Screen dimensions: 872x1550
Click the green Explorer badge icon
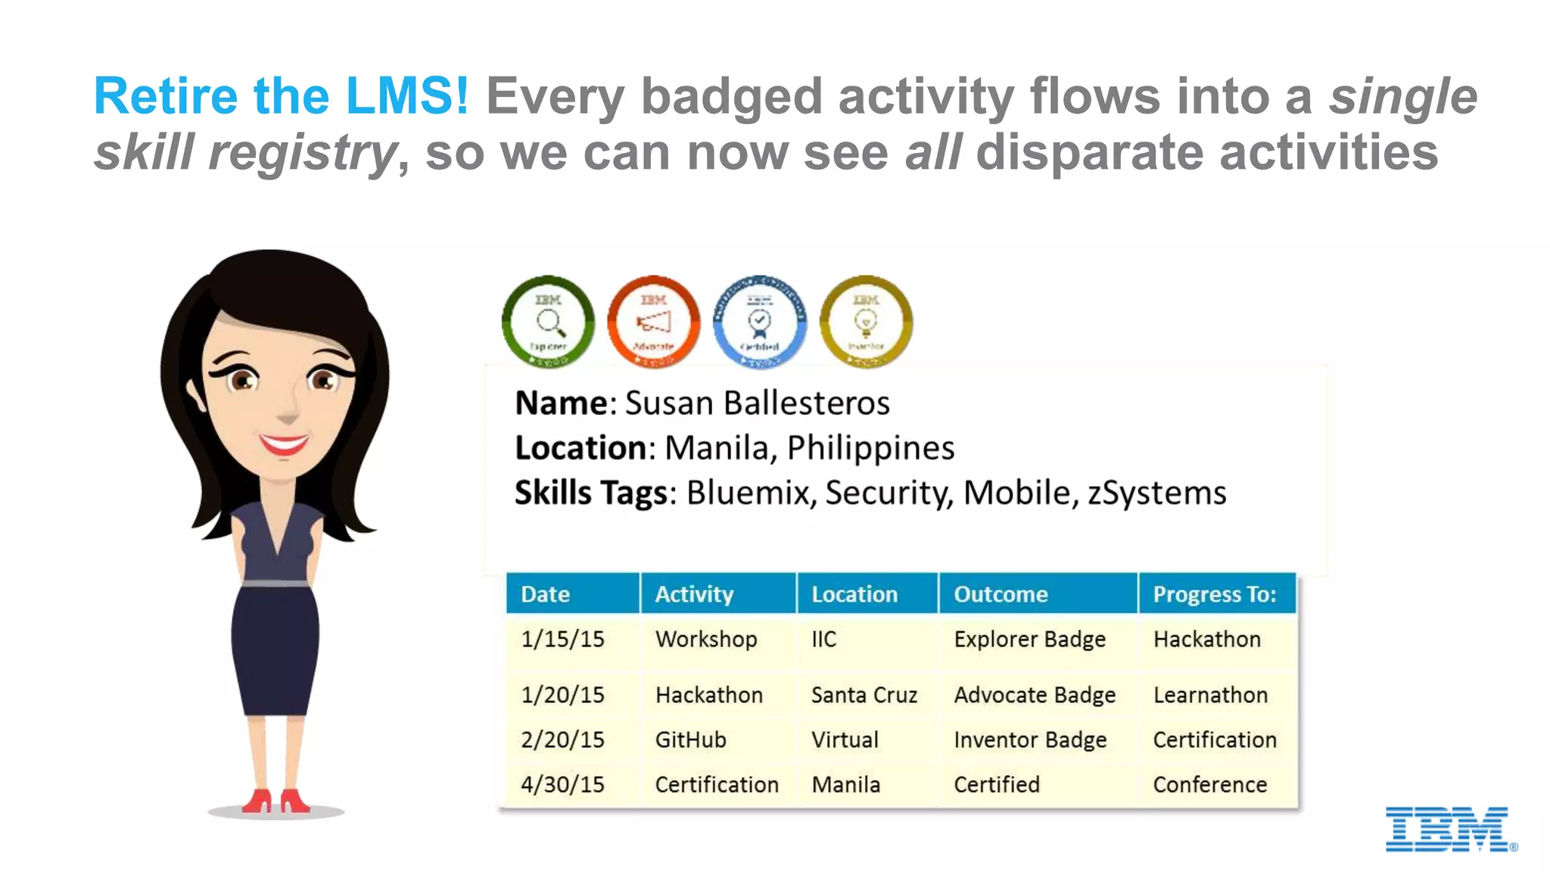pyautogui.click(x=548, y=322)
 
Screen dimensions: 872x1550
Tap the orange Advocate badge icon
pyautogui.click(x=654, y=322)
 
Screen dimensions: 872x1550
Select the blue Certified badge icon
pyautogui.click(x=760, y=322)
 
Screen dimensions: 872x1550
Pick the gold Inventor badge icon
pyautogui.click(x=866, y=322)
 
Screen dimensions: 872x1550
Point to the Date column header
pyautogui.click(x=545, y=594)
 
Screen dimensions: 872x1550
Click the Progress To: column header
pyautogui.click(x=1214, y=594)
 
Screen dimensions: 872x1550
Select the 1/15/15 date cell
pyautogui.click(x=562, y=639)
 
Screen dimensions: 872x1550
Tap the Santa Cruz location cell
pyautogui.click(x=864, y=695)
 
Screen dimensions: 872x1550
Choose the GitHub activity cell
pyautogui.click(x=690, y=740)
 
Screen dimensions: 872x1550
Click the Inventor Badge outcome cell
pyautogui.click(x=1029, y=740)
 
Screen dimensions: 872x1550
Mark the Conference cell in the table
pyautogui.click(x=1209, y=785)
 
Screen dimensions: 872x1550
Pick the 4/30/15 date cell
pyautogui.click(x=562, y=785)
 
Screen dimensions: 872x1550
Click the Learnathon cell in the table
pyautogui.click(x=1209, y=695)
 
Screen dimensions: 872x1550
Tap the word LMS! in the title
pyautogui.click(x=406, y=96)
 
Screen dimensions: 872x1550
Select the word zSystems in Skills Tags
pyautogui.click(x=1156, y=494)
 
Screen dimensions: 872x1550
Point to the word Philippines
pyautogui.click(x=870, y=448)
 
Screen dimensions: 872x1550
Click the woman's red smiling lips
pyautogui.click(x=284, y=444)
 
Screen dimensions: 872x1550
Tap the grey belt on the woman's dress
pyautogui.click(x=275, y=584)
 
